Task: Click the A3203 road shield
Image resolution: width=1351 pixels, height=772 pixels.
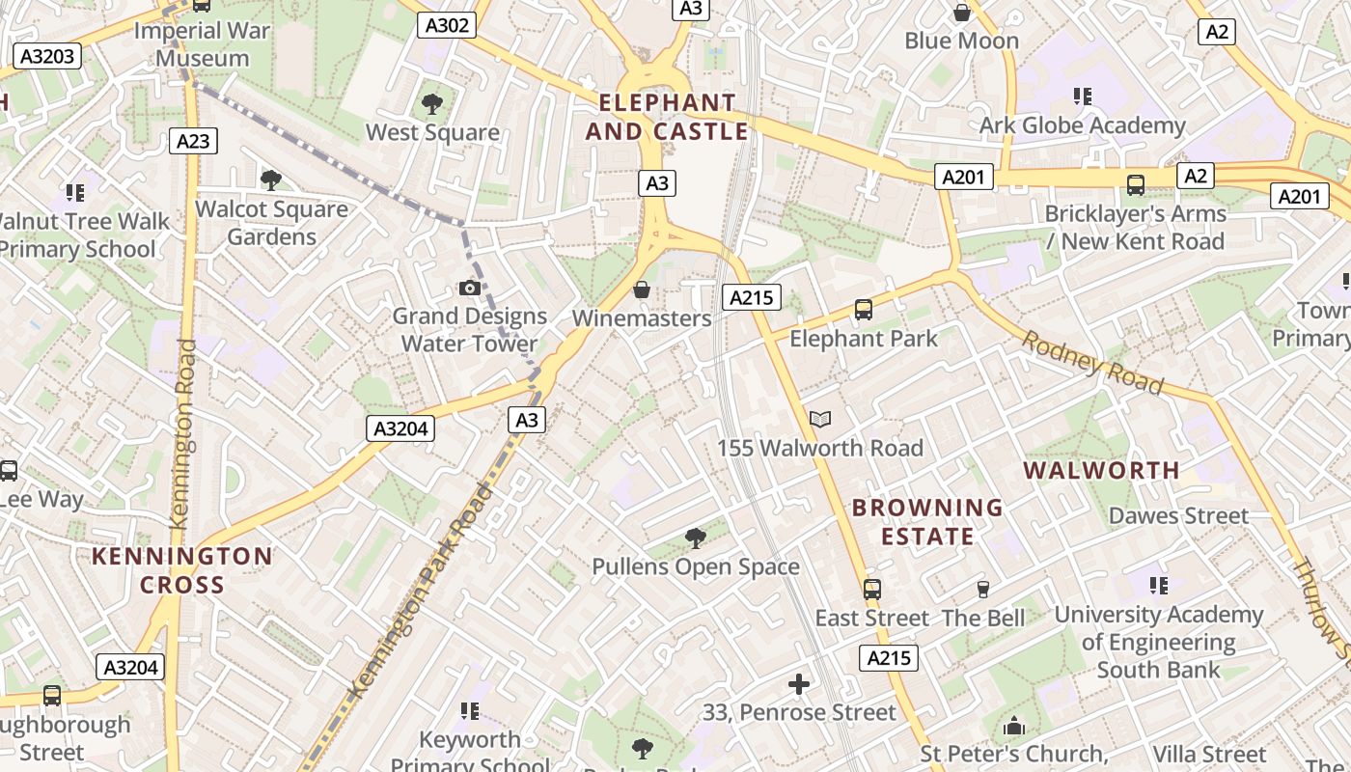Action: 47,56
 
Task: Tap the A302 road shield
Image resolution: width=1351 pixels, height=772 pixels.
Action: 447,25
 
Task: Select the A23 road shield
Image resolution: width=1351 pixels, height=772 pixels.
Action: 193,141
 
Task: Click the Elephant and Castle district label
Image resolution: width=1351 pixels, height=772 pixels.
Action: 667,117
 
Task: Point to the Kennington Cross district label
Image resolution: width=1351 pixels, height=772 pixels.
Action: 182,570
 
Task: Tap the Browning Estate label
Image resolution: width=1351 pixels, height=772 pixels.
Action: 927,521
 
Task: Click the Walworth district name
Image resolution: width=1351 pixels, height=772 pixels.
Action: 1101,471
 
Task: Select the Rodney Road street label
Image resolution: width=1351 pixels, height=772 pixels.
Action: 1091,362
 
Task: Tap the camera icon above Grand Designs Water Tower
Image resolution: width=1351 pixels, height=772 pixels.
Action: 470,288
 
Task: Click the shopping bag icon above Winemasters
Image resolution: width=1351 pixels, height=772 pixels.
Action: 641,289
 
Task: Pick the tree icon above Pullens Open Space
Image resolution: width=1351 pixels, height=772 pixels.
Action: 695,538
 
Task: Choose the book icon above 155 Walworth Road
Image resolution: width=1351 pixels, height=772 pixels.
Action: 820,419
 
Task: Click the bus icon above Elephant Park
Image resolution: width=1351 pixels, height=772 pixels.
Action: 864,310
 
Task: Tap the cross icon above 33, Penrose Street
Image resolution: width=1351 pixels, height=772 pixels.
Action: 799,684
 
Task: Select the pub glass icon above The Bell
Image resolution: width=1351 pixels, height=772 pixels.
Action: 983,589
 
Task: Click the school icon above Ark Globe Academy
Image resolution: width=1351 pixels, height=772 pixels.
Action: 1082,96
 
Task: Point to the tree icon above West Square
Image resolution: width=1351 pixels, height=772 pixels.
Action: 432,103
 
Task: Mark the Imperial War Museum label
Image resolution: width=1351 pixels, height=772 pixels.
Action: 203,43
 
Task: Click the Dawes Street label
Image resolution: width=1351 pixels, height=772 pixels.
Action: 1178,515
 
